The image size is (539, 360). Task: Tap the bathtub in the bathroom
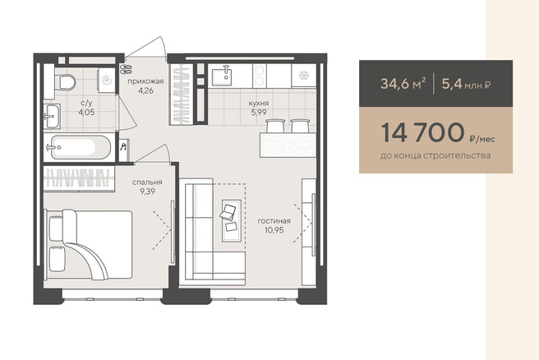click(x=81, y=147)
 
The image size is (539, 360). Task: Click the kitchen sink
click(x=221, y=77)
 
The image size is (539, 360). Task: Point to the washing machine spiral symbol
click(x=108, y=80)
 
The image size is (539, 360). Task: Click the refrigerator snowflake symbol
click(x=304, y=76)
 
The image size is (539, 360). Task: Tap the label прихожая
click(x=145, y=81)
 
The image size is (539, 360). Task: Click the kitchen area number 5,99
click(x=259, y=112)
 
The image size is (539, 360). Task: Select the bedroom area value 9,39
click(x=147, y=192)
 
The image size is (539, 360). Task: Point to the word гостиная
click(x=274, y=221)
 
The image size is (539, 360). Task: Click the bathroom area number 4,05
click(x=86, y=112)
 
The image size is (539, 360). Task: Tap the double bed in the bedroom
click(x=89, y=244)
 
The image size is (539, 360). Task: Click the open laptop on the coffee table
click(x=228, y=210)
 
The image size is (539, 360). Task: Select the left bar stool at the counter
click(x=275, y=126)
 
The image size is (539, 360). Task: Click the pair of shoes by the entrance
click(x=125, y=68)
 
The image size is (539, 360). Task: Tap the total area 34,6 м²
click(x=403, y=84)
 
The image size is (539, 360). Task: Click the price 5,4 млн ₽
click(x=466, y=84)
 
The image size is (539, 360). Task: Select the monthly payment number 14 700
click(x=422, y=132)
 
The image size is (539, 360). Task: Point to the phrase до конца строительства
click(x=435, y=155)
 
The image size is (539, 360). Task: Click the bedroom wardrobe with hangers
click(x=79, y=178)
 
